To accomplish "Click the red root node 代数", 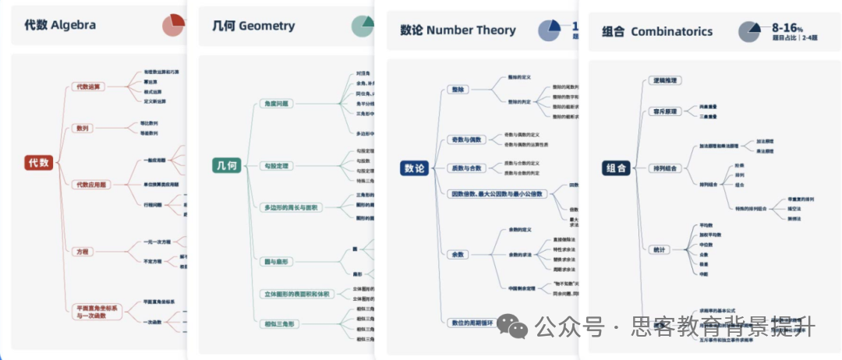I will click(x=39, y=163).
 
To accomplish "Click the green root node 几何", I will click(x=225, y=166).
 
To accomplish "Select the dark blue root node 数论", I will click(x=414, y=168).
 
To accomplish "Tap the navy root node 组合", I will click(x=616, y=168).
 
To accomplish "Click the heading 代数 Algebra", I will click(x=60, y=25).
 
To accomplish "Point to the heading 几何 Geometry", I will click(x=253, y=26).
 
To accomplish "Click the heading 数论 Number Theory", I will click(x=458, y=30).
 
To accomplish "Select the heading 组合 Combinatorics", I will click(x=657, y=32).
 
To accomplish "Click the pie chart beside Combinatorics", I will click(x=750, y=31).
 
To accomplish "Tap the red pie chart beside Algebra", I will click(x=174, y=25).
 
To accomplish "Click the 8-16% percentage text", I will click(x=787, y=27).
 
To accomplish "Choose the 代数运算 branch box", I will click(x=87, y=86).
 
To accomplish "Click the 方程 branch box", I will click(x=82, y=252).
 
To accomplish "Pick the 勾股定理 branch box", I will click(x=277, y=166).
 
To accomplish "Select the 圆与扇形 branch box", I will click(x=277, y=262).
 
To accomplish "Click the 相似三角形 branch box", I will click(x=280, y=323).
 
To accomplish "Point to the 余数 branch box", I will click(x=457, y=255).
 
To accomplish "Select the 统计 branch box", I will click(x=659, y=249).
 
